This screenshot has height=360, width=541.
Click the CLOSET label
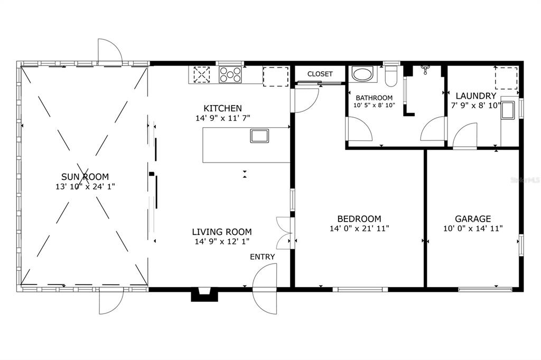point(320,74)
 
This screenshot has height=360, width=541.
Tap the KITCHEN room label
point(222,108)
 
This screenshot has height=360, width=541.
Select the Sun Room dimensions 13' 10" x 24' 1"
point(85,186)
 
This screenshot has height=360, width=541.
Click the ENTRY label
point(263,257)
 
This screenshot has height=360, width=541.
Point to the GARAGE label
point(473,219)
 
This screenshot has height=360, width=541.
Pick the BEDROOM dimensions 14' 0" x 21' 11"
point(359,228)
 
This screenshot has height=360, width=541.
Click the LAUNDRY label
point(476,96)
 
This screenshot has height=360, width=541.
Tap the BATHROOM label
point(374,98)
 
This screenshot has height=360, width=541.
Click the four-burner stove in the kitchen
point(230,74)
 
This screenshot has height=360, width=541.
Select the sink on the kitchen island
point(259,136)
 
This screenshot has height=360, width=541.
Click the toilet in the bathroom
point(391,76)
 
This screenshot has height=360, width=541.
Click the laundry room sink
point(508,110)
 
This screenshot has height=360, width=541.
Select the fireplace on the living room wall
point(204,295)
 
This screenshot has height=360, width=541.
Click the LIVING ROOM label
point(222,232)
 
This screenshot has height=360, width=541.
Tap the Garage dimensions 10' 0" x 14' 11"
point(473,228)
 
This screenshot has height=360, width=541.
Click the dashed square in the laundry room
point(507,78)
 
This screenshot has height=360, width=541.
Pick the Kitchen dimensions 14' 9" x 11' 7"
point(222,118)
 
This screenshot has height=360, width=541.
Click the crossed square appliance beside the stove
point(201,74)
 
